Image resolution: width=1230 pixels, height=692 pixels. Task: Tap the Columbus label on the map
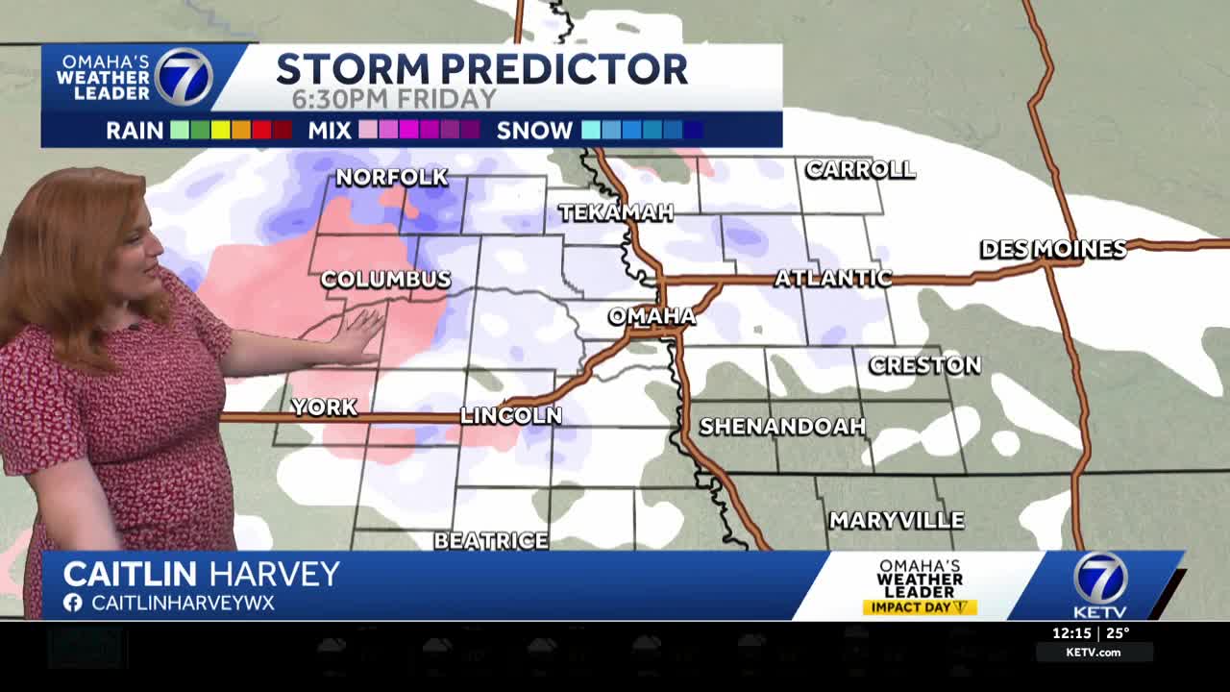point(385,280)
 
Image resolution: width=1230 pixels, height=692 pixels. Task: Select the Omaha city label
point(652,316)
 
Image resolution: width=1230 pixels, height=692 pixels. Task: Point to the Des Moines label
point(1053,249)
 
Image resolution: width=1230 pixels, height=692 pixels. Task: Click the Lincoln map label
point(511,416)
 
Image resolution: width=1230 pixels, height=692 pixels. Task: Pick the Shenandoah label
point(782,427)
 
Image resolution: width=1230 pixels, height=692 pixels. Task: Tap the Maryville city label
point(897,521)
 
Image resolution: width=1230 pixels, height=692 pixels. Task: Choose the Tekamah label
point(616,212)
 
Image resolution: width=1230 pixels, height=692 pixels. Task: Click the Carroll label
point(860,170)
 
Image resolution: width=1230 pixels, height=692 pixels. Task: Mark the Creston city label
point(924,365)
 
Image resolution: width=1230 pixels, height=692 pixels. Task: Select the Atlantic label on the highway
point(833,279)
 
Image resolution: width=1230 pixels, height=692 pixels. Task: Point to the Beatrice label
point(491,541)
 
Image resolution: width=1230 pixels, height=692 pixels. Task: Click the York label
point(324,408)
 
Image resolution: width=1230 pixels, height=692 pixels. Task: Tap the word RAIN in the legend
point(135,131)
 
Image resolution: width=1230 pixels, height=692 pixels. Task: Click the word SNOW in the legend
point(534,131)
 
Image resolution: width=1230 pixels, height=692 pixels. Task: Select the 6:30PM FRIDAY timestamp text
point(394,99)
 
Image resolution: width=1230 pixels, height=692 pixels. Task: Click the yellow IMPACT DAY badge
point(920,607)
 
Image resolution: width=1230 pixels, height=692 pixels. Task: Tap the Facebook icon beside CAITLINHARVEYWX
point(72,603)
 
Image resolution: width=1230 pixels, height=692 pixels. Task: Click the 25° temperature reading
point(1118,633)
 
